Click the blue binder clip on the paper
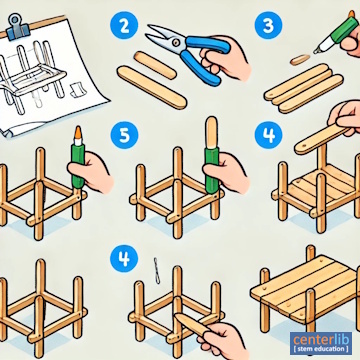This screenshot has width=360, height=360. click(18, 27)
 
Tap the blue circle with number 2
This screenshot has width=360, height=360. click(124, 26)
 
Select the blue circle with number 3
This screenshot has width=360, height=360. click(269, 26)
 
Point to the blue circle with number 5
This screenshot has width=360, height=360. click(124, 135)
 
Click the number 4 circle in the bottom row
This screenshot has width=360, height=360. click(124, 258)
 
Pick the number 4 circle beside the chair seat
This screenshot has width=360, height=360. click(269, 135)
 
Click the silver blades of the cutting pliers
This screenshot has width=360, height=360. click(163, 38)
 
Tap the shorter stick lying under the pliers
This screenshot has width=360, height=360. click(155, 65)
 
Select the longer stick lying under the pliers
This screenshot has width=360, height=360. click(152, 87)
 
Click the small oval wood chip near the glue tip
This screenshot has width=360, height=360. click(300, 60)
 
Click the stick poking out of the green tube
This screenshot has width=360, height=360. click(211, 132)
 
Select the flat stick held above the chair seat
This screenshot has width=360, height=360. click(321, 138)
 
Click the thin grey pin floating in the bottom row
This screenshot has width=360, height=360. click(156, 271)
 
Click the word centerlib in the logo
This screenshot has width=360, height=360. click(321, 340)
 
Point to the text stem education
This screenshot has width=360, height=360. click(321, 349)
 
